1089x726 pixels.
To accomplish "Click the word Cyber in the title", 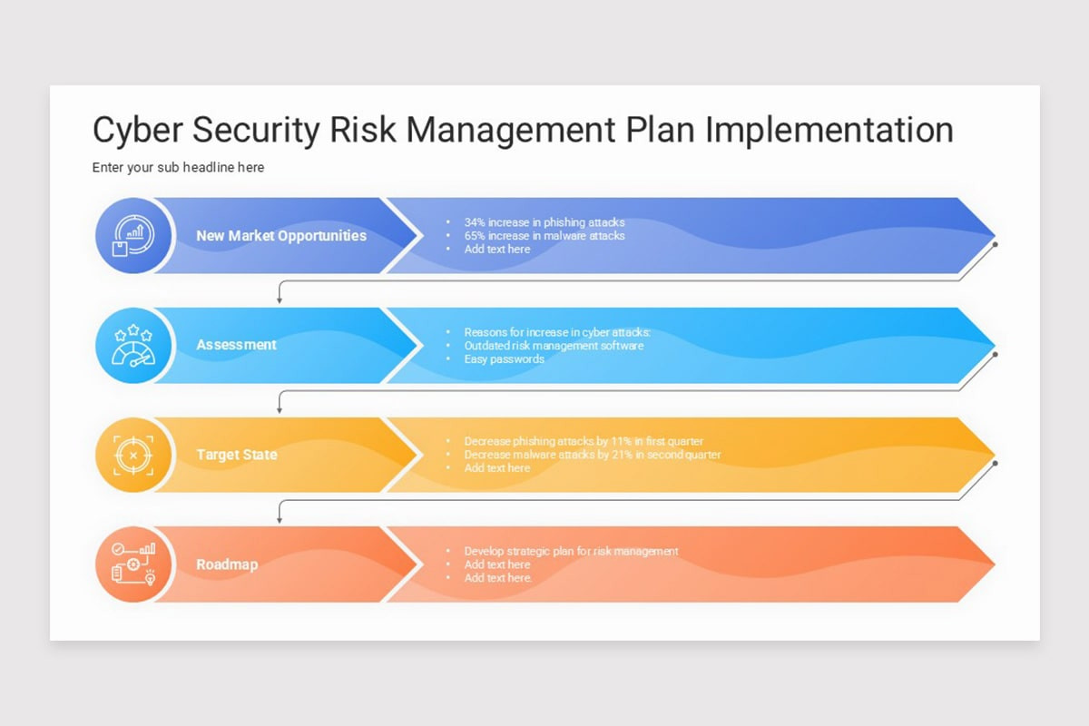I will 133,130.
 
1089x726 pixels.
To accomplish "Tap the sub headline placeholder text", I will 178,168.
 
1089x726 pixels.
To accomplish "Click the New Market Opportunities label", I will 281,236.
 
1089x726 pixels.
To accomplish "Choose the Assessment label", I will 236,345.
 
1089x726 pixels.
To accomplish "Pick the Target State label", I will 236,455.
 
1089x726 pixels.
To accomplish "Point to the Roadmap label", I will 227,564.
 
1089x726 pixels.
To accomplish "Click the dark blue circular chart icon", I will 132,236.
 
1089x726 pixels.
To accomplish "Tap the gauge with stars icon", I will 132,346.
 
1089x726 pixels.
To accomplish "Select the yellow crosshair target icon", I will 132,455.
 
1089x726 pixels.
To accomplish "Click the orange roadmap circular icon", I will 132,564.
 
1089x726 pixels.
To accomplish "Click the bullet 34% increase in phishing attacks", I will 544,222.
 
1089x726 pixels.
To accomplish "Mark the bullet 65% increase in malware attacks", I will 544,236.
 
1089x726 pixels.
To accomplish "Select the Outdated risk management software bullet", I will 554,346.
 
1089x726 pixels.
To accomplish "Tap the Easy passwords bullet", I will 504,359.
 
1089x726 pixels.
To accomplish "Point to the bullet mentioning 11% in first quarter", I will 584,442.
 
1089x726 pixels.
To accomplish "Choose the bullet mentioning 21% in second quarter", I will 593,455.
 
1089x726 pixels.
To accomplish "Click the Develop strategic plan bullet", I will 571,551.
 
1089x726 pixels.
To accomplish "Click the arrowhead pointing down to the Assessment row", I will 280,299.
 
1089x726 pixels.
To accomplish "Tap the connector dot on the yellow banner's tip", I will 996,463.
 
